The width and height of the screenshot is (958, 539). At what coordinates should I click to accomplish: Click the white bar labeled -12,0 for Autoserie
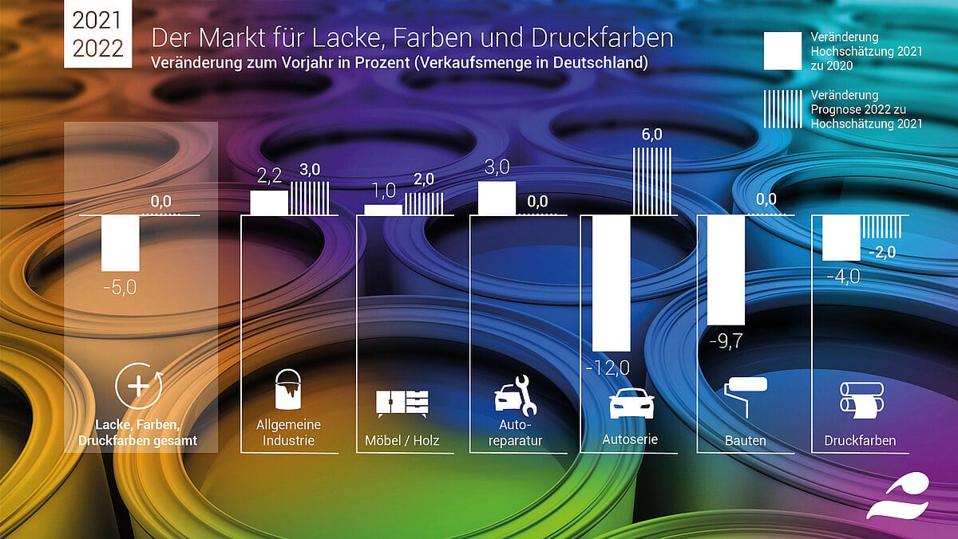[611, 282]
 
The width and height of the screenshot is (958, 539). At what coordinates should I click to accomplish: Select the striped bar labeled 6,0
[652, 180]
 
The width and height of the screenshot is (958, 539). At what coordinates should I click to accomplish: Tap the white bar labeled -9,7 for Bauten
[726, 269]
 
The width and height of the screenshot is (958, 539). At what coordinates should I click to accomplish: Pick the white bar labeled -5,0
[121, 243]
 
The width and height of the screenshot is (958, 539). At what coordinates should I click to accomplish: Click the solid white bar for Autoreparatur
[496, 198]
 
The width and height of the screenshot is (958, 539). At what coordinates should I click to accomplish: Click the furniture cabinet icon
[402, 403]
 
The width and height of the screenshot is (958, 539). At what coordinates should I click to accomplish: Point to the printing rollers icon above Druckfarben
[861, 399]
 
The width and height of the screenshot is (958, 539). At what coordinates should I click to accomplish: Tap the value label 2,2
[269, 177]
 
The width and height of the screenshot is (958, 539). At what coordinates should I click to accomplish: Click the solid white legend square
[782, 52]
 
